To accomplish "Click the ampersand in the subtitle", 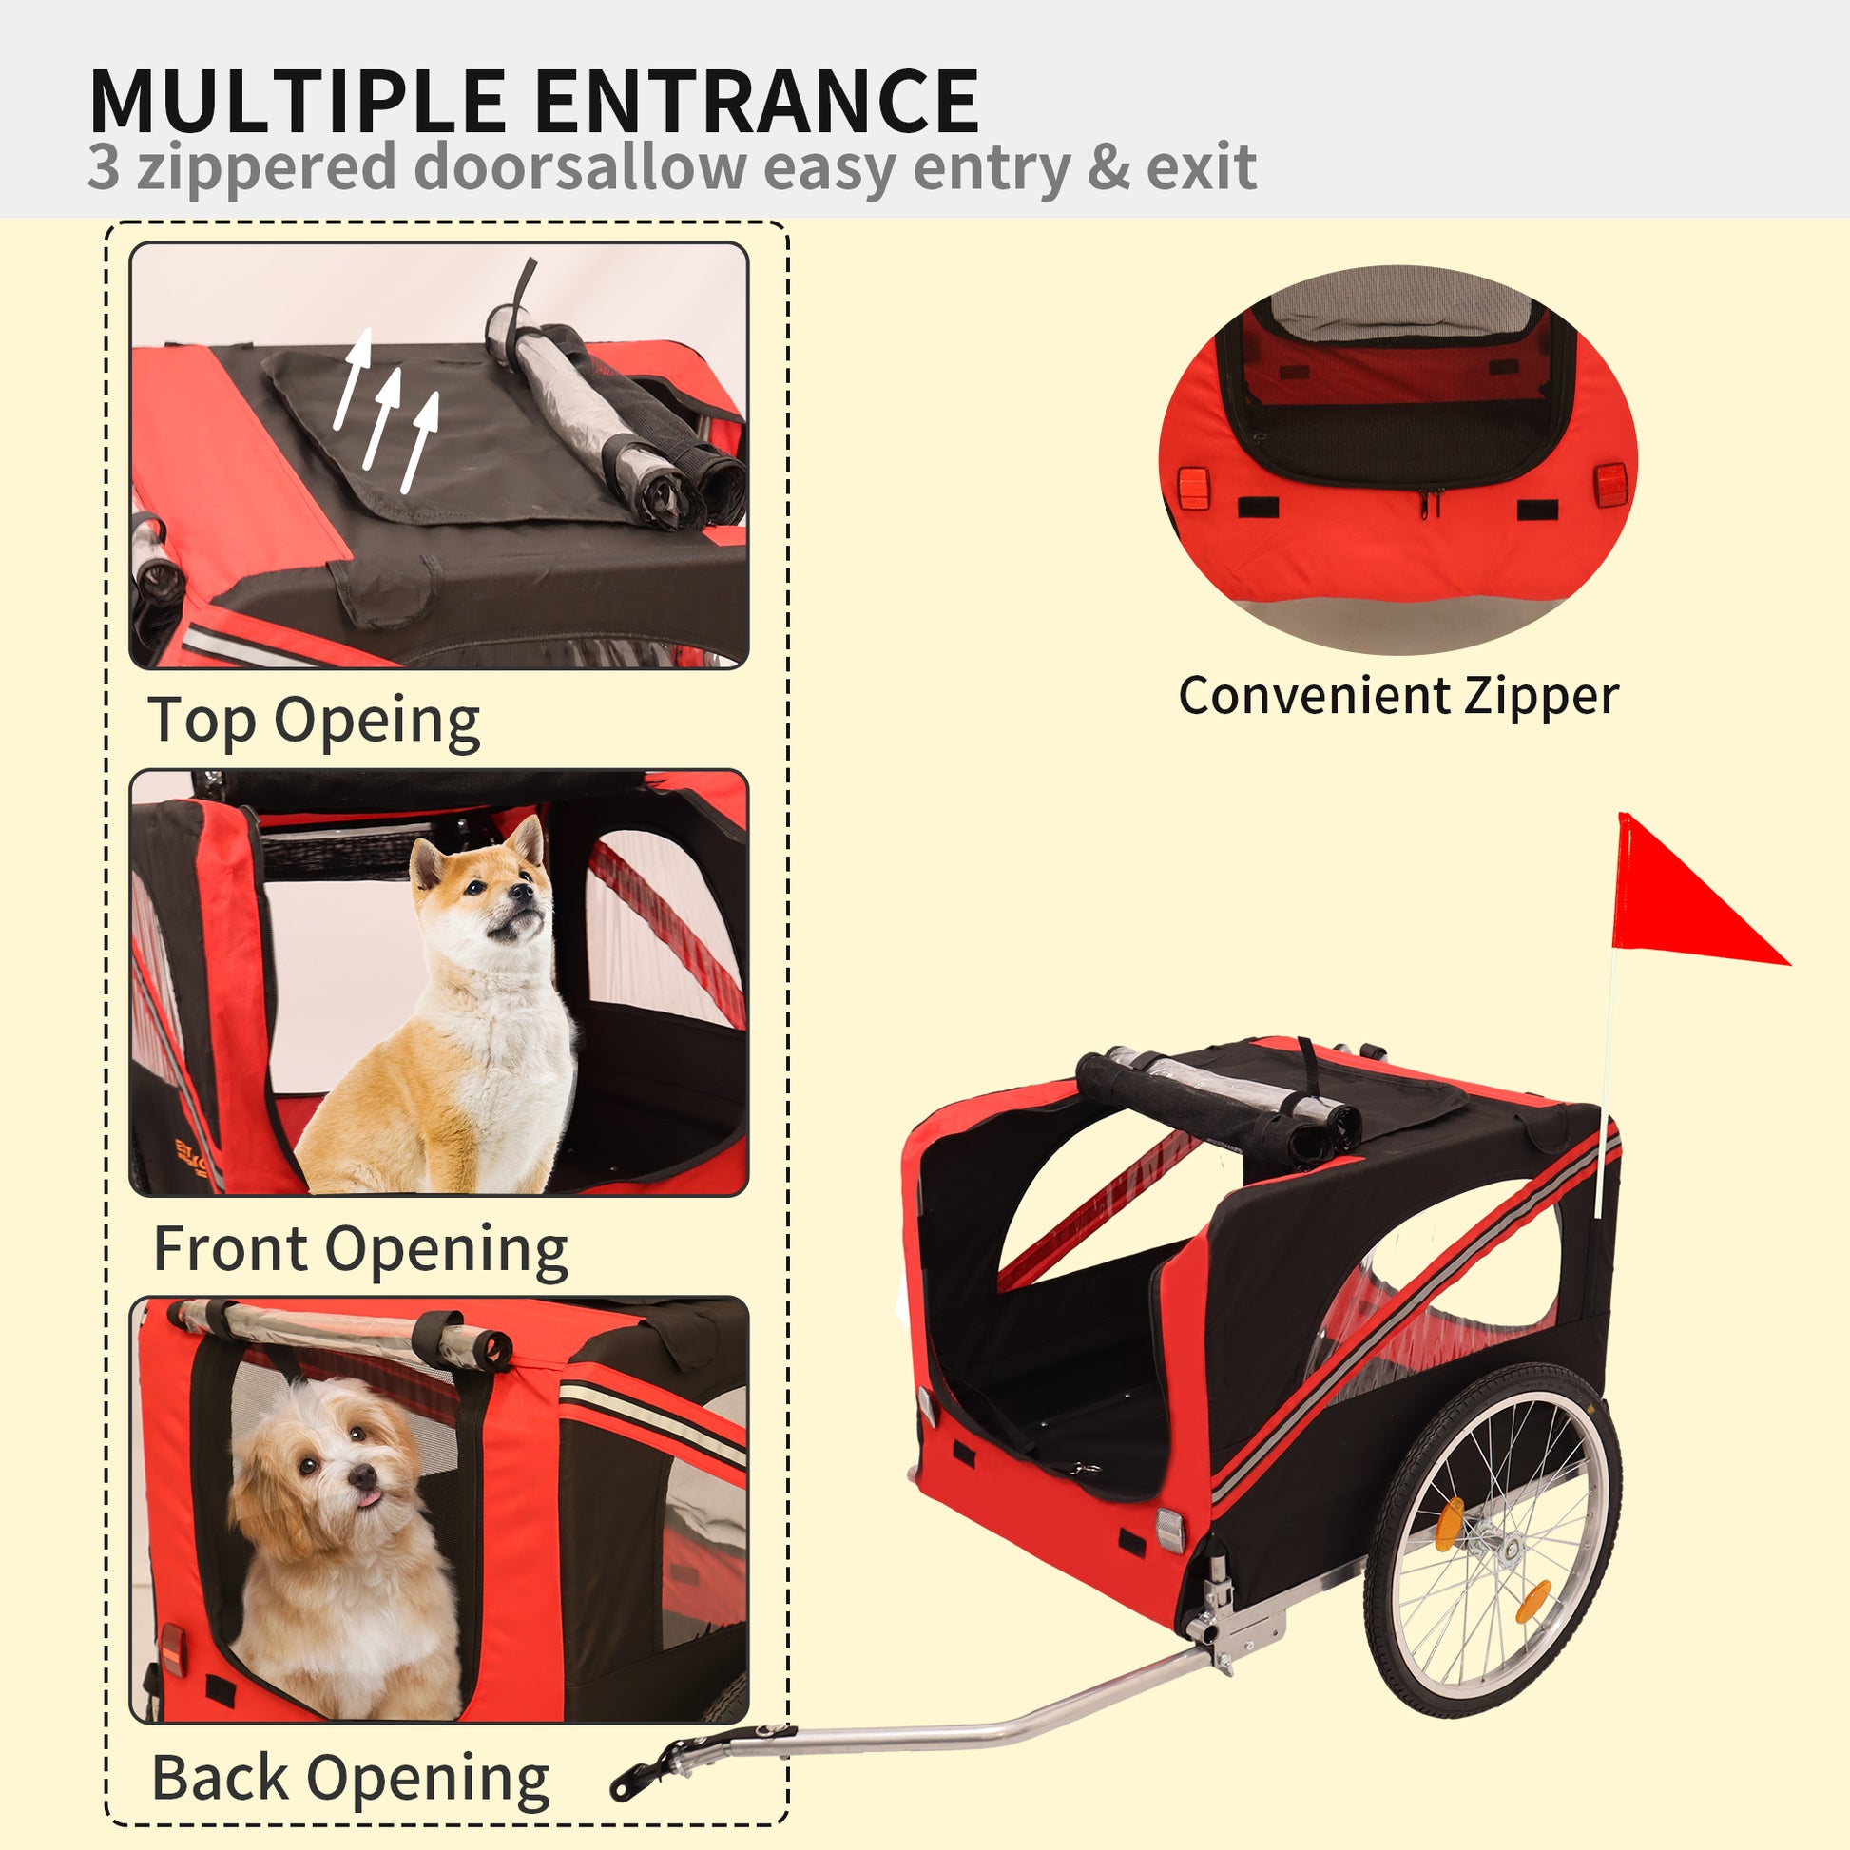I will (1108, 167).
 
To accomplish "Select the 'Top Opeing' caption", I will (313, 720).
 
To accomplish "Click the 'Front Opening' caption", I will (361, 1249).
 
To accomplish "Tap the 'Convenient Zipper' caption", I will (1398, 696).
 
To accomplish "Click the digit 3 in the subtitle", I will (104, 167).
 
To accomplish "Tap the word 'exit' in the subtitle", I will (1201, 167).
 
